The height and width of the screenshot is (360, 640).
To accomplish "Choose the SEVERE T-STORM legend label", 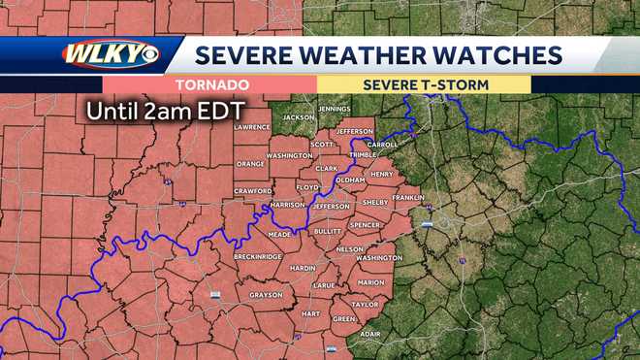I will click(x=426, y=84).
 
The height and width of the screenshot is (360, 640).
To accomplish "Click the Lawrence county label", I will click(x=251, y=127).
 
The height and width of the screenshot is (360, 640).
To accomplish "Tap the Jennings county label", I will click(x=334, y=109).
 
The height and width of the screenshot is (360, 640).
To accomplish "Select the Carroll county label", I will click(x=383, y=145).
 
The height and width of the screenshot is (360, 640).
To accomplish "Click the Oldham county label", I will click(x=349, y=180).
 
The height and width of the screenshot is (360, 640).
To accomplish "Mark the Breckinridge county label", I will click(x=257, y=256).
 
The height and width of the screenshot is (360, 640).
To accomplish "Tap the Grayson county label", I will click(x=266, y=294).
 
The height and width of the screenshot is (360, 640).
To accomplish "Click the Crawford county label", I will click(x=253, y=191).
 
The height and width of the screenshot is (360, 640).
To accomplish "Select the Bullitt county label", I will click(x=328, y=232).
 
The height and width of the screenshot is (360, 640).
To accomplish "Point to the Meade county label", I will click(x=279, y=234).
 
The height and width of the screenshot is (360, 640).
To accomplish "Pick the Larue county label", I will click(x=325, y=286).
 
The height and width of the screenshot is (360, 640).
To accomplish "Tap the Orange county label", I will click(x=249, y=164).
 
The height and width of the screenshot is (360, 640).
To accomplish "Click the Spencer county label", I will click(x=366, y=225).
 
